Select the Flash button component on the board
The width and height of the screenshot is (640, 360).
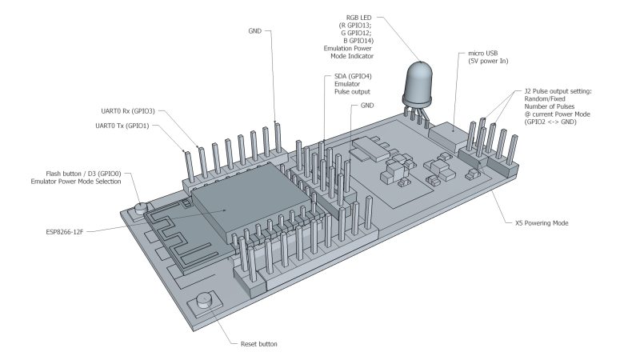click(x=142, y=209)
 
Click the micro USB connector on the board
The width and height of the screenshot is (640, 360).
click(x=450, y=141)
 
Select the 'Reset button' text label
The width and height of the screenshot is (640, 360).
click(x=258, y=344)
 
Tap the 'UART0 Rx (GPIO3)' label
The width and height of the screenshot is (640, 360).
click(x=124, y=111)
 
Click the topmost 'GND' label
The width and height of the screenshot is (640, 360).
click(x=254, y=31)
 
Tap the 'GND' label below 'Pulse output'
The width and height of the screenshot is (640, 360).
click(x=367, y=105)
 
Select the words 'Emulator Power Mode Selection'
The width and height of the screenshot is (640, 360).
click(x=72, y=182)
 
